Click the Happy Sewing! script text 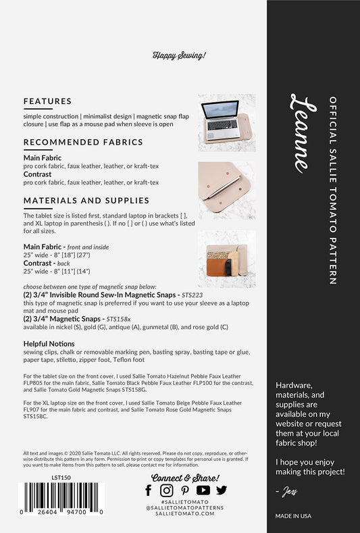point(179,56)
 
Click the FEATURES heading point(47,102)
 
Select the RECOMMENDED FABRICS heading point(83,143)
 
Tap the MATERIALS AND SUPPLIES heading point(86,201)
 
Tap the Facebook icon point(149,490)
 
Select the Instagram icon point(166,490)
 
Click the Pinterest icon point(184,490)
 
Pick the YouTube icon point(203,490)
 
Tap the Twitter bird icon point(221,490)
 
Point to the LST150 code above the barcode point(61,477)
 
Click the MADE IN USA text point(292,515)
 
